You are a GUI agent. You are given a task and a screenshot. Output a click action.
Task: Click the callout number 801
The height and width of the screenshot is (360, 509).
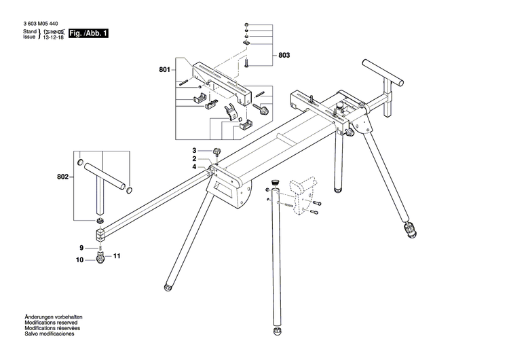pos(164,69)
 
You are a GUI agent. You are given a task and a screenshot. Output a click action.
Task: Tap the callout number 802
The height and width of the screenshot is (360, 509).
pos(63,177)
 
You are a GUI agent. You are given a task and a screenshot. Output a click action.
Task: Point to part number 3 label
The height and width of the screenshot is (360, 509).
pos(193,151)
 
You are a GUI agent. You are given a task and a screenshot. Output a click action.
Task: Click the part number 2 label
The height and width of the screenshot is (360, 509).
pos(193,159)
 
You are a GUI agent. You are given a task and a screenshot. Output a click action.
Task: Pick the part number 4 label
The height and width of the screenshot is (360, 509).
pos(193,167)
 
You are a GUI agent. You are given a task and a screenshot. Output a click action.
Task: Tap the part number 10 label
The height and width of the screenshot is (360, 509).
pos(79,260)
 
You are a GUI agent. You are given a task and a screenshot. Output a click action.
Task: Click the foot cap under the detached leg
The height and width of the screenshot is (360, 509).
pos(278,332)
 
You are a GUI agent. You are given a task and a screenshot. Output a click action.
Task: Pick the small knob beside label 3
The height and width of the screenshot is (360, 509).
pos(218,151)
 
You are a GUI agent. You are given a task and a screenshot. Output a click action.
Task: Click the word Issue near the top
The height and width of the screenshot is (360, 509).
pos(29,39)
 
